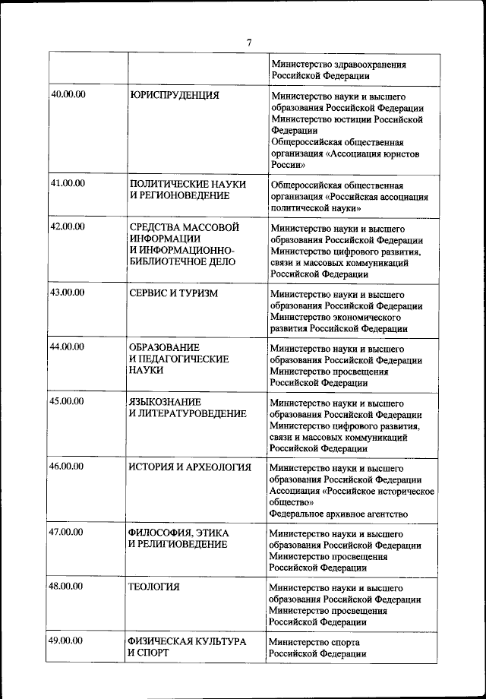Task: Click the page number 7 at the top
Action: point(248,42)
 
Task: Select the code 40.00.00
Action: point(67,95)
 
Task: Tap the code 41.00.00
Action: point(67,183)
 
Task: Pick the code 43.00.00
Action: point(67,293)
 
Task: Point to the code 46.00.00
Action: point(67,467)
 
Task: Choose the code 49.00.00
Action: point(67,641)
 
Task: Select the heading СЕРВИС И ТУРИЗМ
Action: point(174,293)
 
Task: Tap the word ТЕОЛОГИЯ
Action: point(154,587)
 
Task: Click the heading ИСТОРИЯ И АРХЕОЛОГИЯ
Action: point(189,467)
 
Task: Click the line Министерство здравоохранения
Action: point(338,65)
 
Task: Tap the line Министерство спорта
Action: point(314,643)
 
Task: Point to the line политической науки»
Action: point(315,207)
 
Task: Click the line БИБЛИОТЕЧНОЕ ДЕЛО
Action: point(181,262)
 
